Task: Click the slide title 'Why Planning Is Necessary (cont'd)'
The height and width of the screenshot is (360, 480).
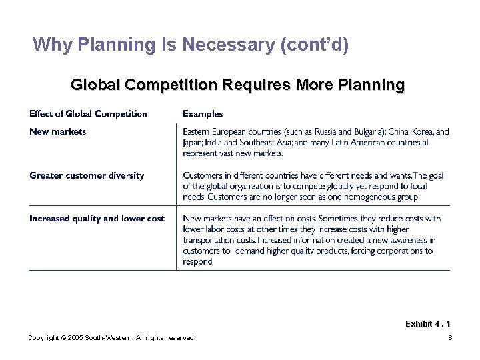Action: click(190, 45)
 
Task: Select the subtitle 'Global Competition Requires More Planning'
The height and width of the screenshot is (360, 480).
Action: click(237, 85)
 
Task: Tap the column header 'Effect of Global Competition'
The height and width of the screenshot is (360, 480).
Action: click(88, 113)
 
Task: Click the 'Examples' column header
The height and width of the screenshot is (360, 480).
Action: click(203, 113)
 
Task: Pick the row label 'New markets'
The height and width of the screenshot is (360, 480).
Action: click(57, 131)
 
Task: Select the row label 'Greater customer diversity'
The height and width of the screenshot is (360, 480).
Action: click(87, 175)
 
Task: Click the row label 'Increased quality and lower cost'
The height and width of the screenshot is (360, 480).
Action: click(97, 219)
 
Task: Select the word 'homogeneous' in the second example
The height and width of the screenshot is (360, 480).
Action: click(369, 197)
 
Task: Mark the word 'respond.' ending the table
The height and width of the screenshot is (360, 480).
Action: click(199, 261)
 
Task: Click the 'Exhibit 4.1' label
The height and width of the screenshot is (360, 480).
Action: click(427, 323)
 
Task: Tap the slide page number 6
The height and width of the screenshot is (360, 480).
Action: click(450, 338)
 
